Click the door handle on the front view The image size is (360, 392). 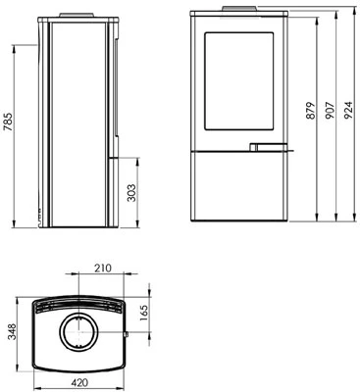[268, 148]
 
